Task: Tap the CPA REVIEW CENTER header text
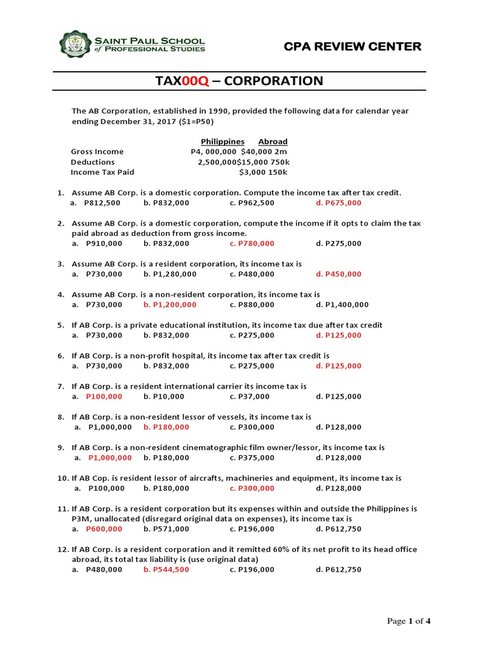(x=361, y=46)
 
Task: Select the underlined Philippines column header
(x=222, y=141)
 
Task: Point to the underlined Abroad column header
(x=273, y=141)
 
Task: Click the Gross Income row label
(x=97, y=151)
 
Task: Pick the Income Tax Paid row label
(x=102, y=172)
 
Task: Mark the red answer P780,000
(x=257, y=243)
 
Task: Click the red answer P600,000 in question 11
(x=105, y=529)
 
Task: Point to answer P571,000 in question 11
(x=171, y=529)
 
